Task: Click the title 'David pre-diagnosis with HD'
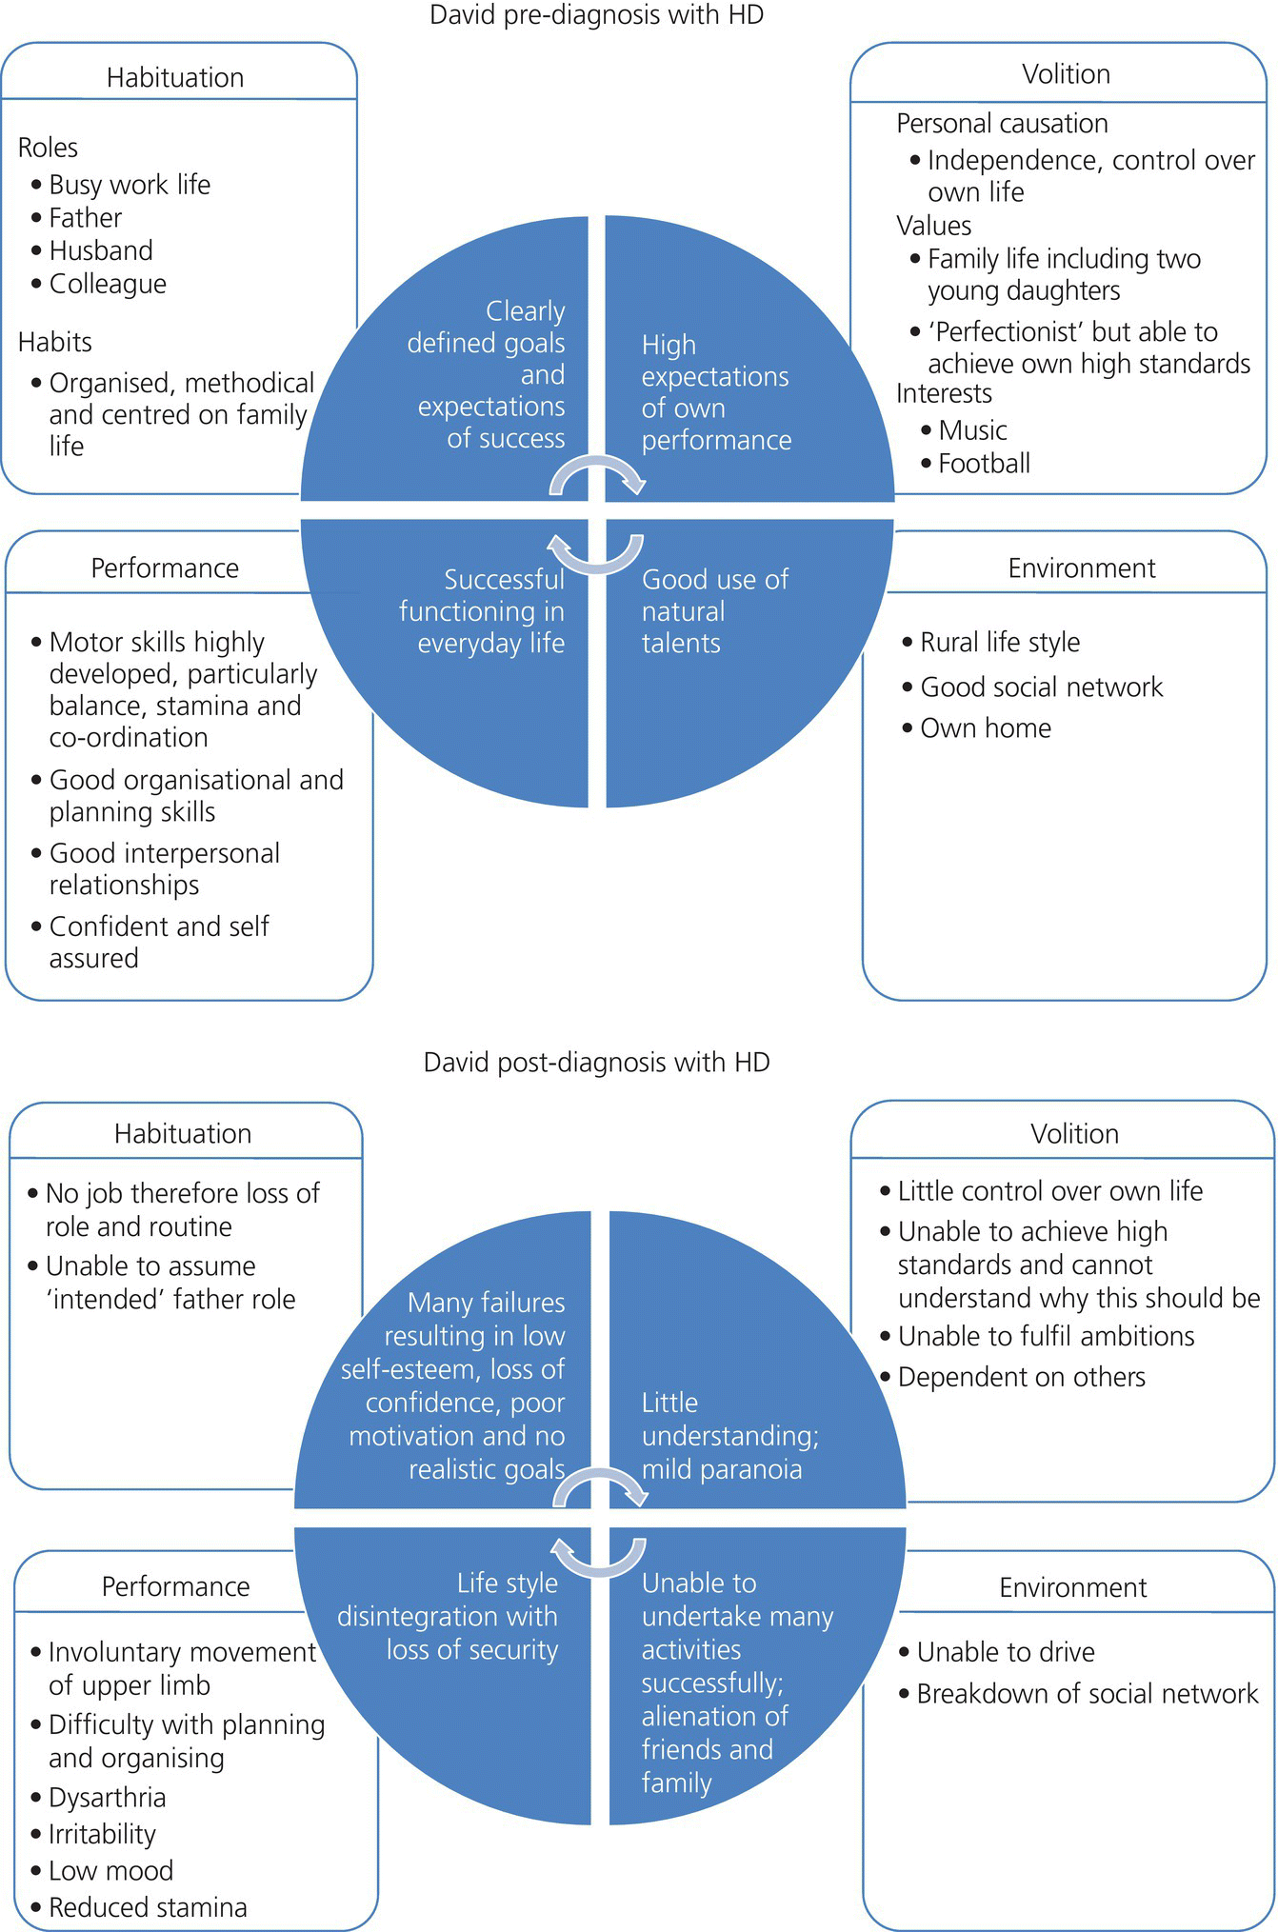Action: point(596,16)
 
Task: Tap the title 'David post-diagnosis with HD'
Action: point(596,1062)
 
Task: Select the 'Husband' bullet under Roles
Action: point(101,250)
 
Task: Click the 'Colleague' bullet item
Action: point(108,284)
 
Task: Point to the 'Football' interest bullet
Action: point(984,464)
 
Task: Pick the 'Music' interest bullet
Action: point(972,430)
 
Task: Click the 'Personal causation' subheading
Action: point(1002,124)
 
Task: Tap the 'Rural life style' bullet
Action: point(999,643)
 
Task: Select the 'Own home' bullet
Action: point(985,728)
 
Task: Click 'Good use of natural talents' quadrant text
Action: point(714,611)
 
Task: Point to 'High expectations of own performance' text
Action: point(715,392)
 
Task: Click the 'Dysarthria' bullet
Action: point(107,1798)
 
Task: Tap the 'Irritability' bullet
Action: point(102,1835)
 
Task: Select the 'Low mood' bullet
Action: point(110,1871)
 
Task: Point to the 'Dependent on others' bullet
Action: point(1021,1377)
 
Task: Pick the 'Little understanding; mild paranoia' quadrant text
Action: point(729,1436)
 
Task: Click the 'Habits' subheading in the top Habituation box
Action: point(55,342)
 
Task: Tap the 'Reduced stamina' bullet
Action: point(148,1907)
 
